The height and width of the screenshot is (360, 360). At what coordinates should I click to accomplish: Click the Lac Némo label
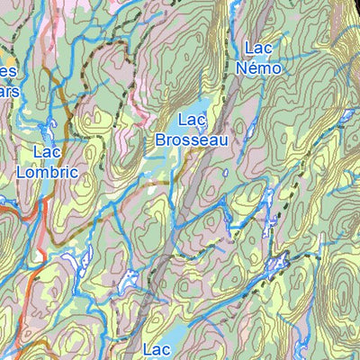coord(258,58)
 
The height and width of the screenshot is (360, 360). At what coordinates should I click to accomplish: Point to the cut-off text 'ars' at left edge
coord(7,91)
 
